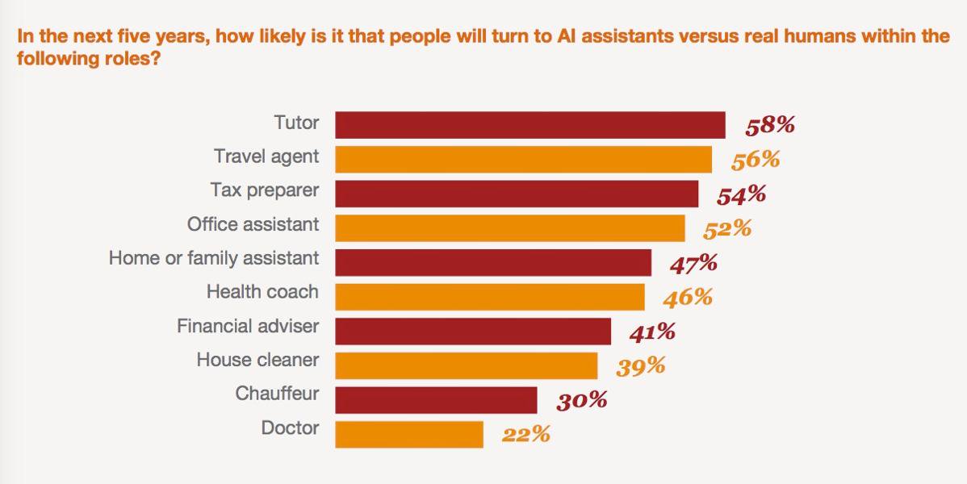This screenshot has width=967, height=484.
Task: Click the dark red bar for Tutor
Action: tap(530, 125)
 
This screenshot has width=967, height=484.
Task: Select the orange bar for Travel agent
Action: tap(523, 159)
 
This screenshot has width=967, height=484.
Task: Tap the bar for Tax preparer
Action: tap(517, 194)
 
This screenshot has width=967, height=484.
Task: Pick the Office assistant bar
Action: tap(509, 227)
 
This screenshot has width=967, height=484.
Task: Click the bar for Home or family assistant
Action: tap(492, 262)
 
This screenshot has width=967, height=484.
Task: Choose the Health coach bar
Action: tap(489, 297)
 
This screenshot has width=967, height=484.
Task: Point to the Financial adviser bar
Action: tap(472, 331)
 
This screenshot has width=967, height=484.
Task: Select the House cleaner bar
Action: tap(466, 365)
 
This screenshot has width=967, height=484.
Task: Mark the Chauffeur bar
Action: tap(436, 400)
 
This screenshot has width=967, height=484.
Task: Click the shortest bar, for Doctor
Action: tap(408, 434)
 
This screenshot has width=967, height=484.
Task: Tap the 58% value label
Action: tap(770, 125)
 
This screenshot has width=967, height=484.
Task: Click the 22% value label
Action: tap(525, 434)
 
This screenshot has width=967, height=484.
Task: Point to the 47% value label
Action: tap(693, 262)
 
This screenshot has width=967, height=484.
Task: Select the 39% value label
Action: tap(641, 366)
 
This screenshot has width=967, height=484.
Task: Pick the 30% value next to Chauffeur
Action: tap(581, 400)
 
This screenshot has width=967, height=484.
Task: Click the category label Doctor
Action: tap(290, 428)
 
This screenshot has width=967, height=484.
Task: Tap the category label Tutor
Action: tap(296, 123)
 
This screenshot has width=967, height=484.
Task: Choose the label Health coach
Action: tap(262, 292)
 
